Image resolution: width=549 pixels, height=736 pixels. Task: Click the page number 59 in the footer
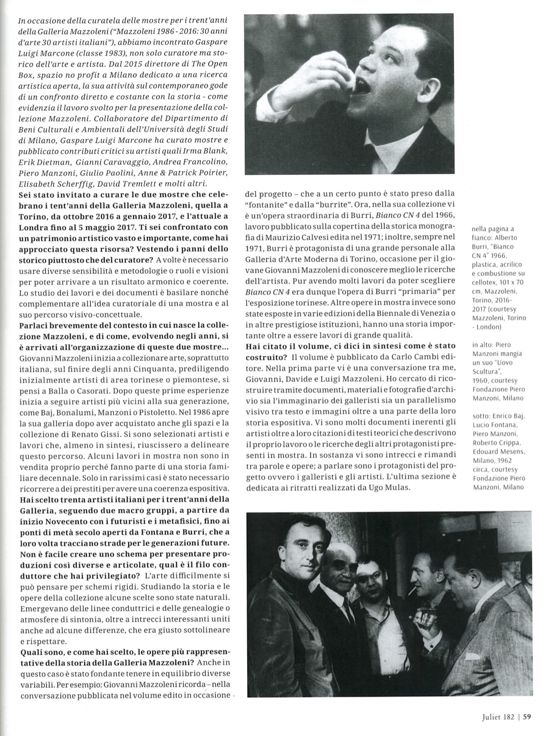click(527, 718)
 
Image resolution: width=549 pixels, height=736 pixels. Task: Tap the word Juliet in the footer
click(488, 718)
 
